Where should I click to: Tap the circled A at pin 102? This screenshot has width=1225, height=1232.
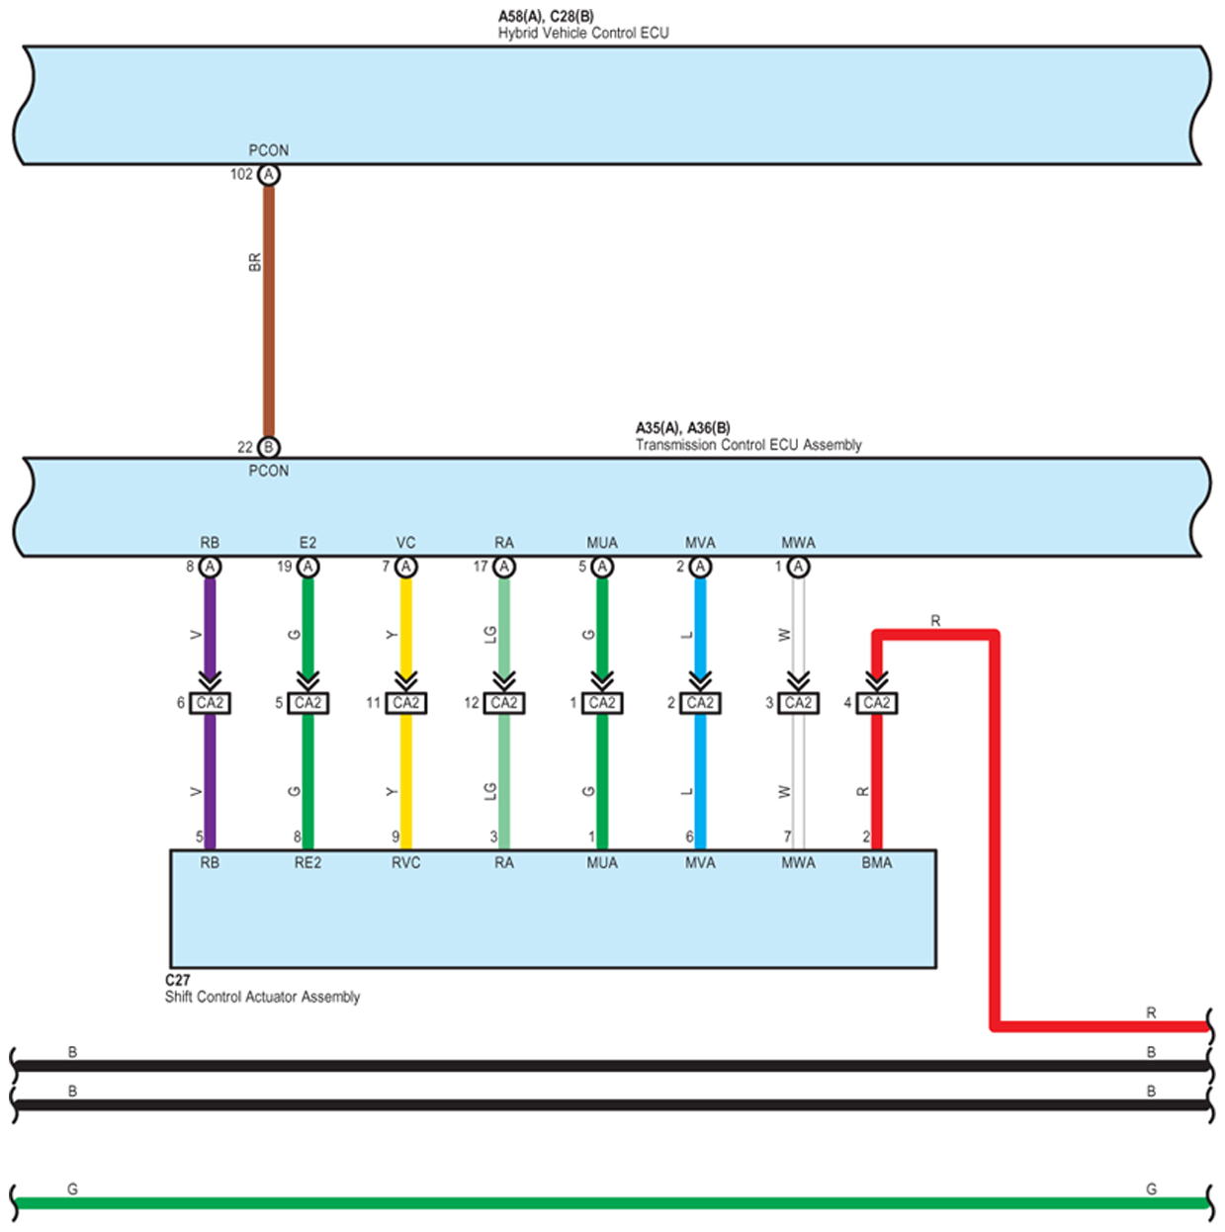268,175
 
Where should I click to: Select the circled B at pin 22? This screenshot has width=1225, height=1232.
268,447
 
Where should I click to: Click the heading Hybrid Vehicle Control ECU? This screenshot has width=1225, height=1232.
582,33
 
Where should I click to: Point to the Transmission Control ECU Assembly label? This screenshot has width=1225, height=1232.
747,445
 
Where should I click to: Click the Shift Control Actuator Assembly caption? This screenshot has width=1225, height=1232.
262,997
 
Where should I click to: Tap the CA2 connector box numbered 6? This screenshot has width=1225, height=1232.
210,703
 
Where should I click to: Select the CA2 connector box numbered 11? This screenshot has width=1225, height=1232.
405,703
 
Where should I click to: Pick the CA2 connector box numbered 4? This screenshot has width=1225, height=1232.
876,703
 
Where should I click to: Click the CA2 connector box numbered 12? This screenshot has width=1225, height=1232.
504,703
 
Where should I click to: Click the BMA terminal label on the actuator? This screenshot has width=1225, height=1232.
876,863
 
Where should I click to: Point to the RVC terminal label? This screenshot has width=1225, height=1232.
405,863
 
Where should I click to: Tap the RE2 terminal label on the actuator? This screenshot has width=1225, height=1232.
307,863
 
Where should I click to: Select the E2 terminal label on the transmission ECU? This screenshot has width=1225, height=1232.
307,543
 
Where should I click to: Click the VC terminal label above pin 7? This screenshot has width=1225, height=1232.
405,543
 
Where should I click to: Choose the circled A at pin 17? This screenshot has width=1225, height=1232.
504,567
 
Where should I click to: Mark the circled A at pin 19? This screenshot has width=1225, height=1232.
307,567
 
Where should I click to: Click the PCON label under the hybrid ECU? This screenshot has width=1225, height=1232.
268,150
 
